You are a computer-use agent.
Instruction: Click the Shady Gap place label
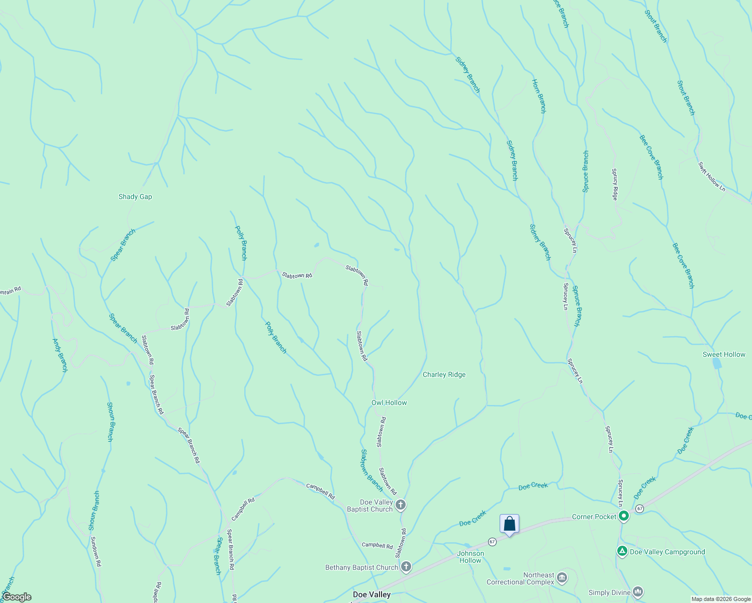pos(135,196)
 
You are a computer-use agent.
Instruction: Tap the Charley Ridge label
pos(444,374)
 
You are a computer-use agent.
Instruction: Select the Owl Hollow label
pos(389,403)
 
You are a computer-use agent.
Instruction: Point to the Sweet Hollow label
pos(724,354)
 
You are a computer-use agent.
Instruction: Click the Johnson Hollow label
pos(471,557)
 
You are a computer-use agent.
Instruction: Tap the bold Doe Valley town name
pos(371,594)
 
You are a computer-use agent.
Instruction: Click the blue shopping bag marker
pos(509,524)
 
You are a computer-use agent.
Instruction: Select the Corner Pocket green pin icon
pos(624,516)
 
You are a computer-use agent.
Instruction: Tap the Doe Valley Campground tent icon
pos(622,551)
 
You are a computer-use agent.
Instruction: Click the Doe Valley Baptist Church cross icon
pos(401,505)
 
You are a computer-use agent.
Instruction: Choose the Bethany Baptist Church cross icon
pos(406,567)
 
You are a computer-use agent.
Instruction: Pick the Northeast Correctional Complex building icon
pos(562,578)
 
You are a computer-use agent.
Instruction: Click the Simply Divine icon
pos(638,592)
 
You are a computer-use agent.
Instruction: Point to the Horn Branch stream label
pos(538,96)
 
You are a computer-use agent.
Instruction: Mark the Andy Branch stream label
pos(60,355)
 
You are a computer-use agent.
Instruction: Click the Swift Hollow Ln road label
pos(712,176)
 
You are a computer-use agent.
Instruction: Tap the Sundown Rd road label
pos(96,552)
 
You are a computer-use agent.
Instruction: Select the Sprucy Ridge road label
pos(614,184)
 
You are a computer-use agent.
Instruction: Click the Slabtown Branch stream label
pos(372,470)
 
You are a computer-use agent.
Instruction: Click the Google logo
pos(17,597)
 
